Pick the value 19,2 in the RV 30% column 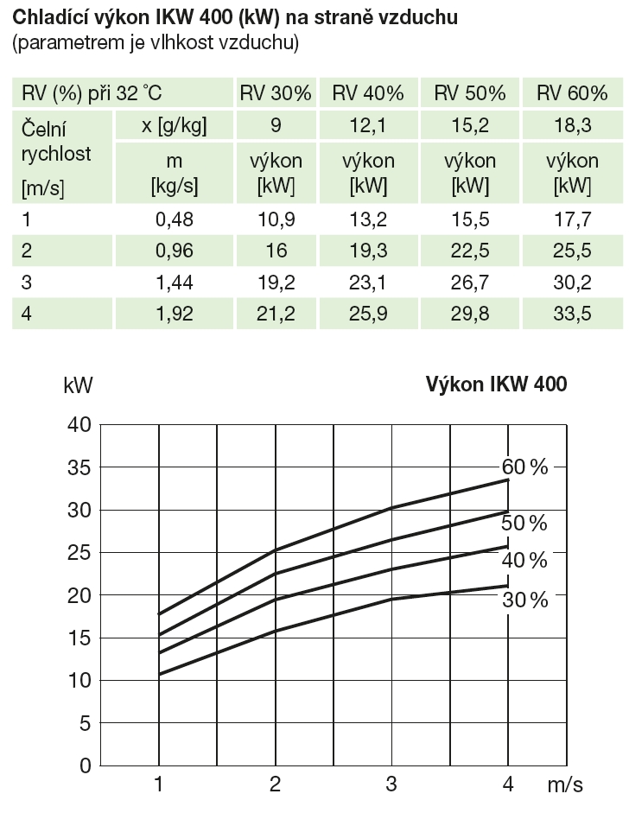[x=276, y=283]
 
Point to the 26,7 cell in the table [x=470, y=283]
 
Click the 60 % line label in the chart [x=524, y=467]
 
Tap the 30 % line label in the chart [x=524, y=600]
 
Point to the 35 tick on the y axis [x=79, y=467]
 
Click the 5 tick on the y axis [x=85, y=723]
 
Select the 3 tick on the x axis [x=391, y=784]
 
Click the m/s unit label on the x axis [x=565, y=784]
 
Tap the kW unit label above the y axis [x=79, y=385]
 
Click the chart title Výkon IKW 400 [x=496, y=385]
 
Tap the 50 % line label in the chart [x=524, y=524]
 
